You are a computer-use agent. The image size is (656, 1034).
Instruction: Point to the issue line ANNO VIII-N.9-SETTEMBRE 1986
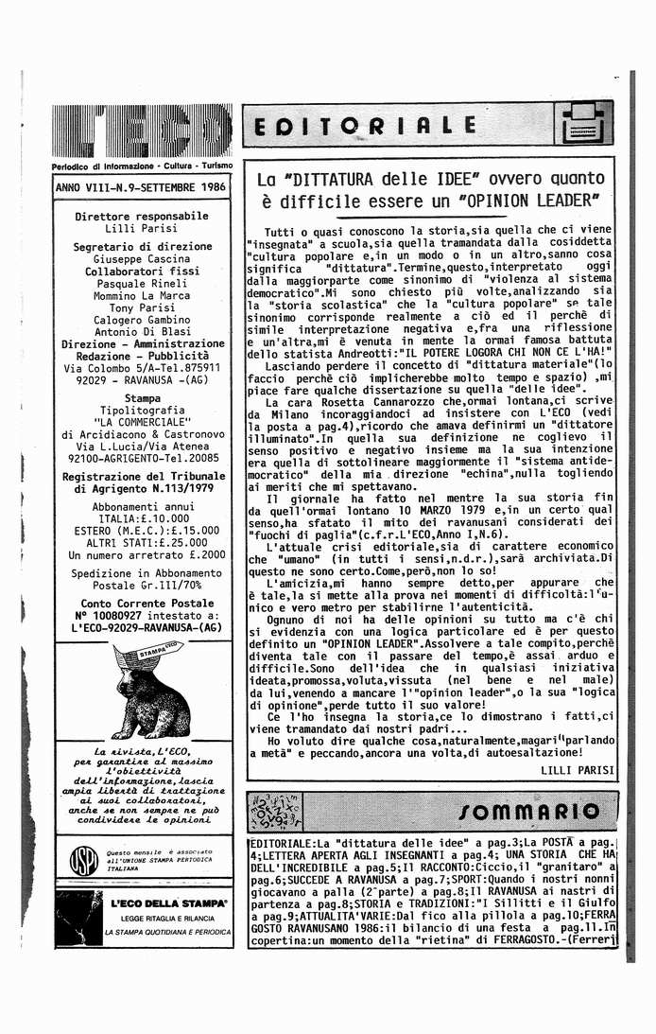[x=141, y=187]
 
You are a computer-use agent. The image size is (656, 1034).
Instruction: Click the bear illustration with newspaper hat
[x=142, y=691]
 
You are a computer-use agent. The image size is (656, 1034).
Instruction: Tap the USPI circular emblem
[x=85, y=861]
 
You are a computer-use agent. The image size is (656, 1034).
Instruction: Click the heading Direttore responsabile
[x=142, y=216]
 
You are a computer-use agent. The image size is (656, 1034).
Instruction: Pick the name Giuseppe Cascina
[x=142, y=258]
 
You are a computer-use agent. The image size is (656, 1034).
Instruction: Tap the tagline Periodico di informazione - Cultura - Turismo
[x=142, y=166]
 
